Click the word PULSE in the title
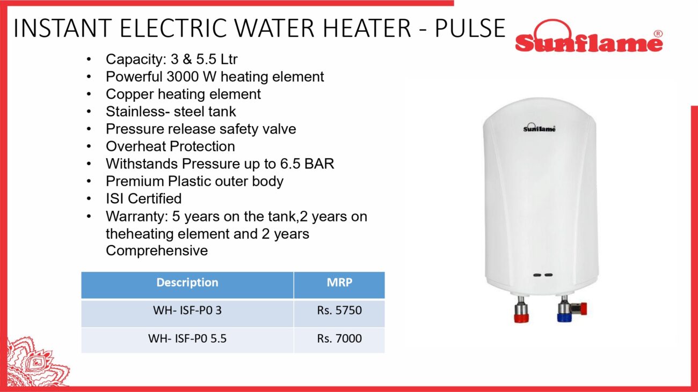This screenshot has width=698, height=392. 470,28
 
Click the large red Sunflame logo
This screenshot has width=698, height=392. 588,36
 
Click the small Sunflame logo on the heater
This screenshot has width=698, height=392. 539,128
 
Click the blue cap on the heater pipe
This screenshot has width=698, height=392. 564,317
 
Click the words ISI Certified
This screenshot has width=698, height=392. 144,199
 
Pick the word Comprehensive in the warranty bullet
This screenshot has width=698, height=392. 157,251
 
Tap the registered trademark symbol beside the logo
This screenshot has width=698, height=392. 658,34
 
